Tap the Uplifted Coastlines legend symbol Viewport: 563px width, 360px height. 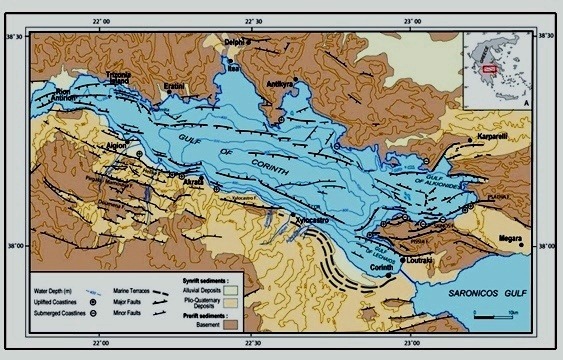(91, 297)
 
